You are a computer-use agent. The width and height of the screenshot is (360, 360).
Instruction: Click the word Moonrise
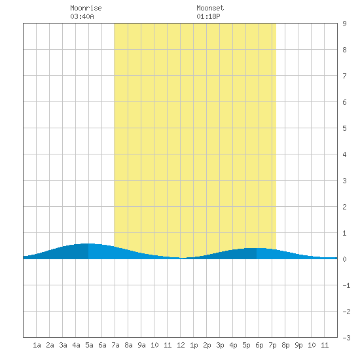coord(86,8)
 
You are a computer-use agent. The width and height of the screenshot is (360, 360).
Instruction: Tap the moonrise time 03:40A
coord(82,16)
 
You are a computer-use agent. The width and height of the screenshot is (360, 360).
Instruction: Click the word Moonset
coord(210,8)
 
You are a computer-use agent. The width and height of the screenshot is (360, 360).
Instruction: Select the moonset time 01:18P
coord(208,16)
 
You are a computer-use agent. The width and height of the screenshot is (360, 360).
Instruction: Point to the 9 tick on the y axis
coord(344,24)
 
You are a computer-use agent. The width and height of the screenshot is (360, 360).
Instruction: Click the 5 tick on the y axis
coord(344,128)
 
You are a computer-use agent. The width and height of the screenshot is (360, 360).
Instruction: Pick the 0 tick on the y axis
coord(344,259)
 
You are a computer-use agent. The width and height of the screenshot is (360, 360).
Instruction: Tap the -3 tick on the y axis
coord(346,338)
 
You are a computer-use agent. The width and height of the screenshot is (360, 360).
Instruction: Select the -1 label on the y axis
coord(346,285)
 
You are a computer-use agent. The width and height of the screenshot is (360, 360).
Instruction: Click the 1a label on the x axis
coord(37,345)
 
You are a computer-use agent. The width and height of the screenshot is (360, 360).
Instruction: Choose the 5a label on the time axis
coord(89,345)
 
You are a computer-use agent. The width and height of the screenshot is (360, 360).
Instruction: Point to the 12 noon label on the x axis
coord(181,345)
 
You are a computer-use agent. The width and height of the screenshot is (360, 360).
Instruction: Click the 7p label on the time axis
coord(272,345)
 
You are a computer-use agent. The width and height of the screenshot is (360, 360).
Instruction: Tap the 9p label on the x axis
coord(298,345)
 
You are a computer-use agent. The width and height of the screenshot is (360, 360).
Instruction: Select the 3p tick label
coord(220,345)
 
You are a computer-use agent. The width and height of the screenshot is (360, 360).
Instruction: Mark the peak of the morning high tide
coord(88,243)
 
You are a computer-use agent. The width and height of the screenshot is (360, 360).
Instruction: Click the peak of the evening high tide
coord(256,248)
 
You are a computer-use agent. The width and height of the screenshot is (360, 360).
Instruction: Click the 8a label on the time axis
coord(128,345)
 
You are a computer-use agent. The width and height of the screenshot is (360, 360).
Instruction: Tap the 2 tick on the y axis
coord(344,207)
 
